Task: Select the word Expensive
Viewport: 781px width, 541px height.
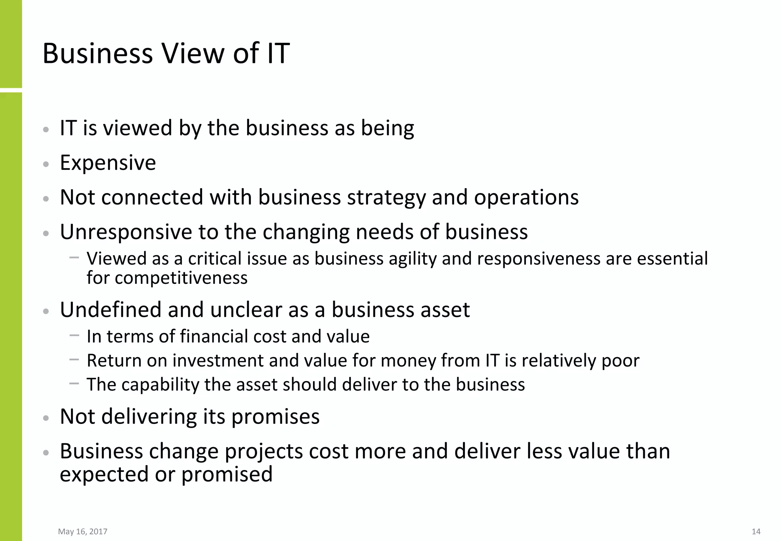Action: [x=108, y=163]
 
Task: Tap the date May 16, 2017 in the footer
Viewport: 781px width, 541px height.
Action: [x=83, y=531]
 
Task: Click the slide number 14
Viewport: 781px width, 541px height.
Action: [x=756, y=531]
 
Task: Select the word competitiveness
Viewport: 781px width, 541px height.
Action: [x=181, y=278]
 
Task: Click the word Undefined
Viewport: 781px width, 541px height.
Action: [x=111, y=309]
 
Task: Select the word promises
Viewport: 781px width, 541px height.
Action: [x=275, y=417]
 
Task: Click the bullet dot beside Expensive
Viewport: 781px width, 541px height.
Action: [x=46, y=164]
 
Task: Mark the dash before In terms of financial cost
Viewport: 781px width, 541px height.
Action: [x=74, y=335]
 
